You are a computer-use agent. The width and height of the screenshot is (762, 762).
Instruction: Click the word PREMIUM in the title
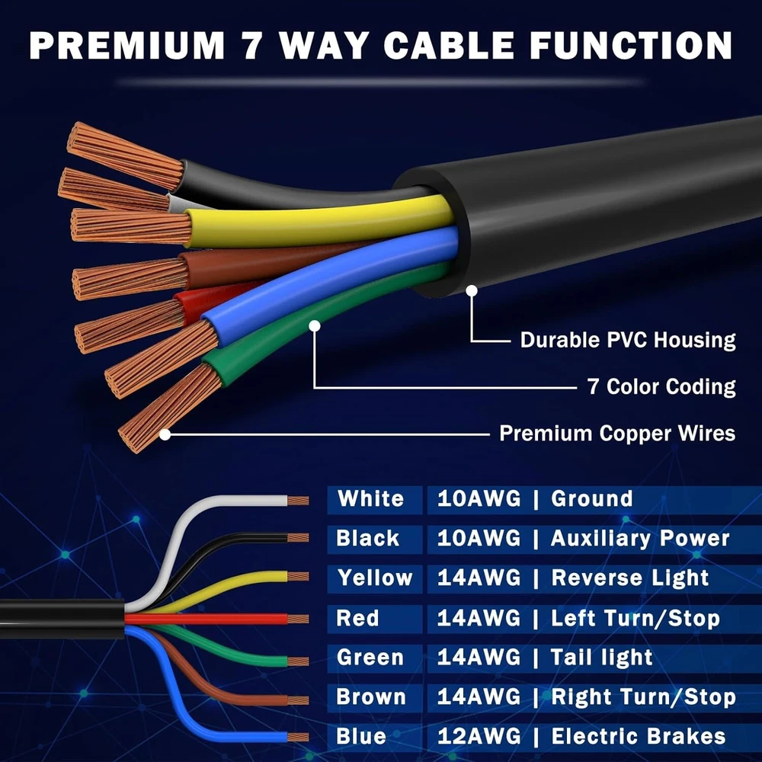[x=126, y=46]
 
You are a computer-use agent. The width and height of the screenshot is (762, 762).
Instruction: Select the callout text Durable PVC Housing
[x=627, y=340]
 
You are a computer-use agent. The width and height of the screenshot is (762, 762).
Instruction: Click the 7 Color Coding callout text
[x=661, y=387]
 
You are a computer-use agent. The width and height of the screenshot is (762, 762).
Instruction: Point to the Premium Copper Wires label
[x=617, y=434]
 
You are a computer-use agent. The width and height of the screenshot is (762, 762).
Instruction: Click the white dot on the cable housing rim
[x=472, y=290]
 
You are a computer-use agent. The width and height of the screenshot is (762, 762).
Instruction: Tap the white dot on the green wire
[x=315, y=325]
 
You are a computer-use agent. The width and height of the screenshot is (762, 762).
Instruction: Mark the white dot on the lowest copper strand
[x=165, y=434]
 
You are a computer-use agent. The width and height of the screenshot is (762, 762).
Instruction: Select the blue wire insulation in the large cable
[x=331, y=284]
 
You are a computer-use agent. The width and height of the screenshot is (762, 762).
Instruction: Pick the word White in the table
[x=371, y=499]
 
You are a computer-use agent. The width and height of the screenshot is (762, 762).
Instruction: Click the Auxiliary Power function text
[x=640, y=539]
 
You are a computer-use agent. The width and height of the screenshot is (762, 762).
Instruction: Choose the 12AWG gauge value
[x=479, y=736]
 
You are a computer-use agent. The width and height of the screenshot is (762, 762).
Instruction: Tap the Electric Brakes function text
[x=639, y=736]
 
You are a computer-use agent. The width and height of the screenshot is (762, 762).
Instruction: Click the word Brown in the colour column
[x=371, y=697]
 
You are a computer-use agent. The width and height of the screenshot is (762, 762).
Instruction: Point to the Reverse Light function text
[x=630, y=578]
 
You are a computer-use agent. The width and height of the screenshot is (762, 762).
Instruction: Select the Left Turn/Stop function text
[x=636, y=619]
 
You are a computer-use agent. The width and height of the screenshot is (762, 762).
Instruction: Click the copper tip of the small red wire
[x=298, y=619]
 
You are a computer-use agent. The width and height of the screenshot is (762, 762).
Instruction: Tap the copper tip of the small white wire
[x=298, y=501]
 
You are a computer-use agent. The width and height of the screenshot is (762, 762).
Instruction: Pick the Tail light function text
[x=602, y=658]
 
